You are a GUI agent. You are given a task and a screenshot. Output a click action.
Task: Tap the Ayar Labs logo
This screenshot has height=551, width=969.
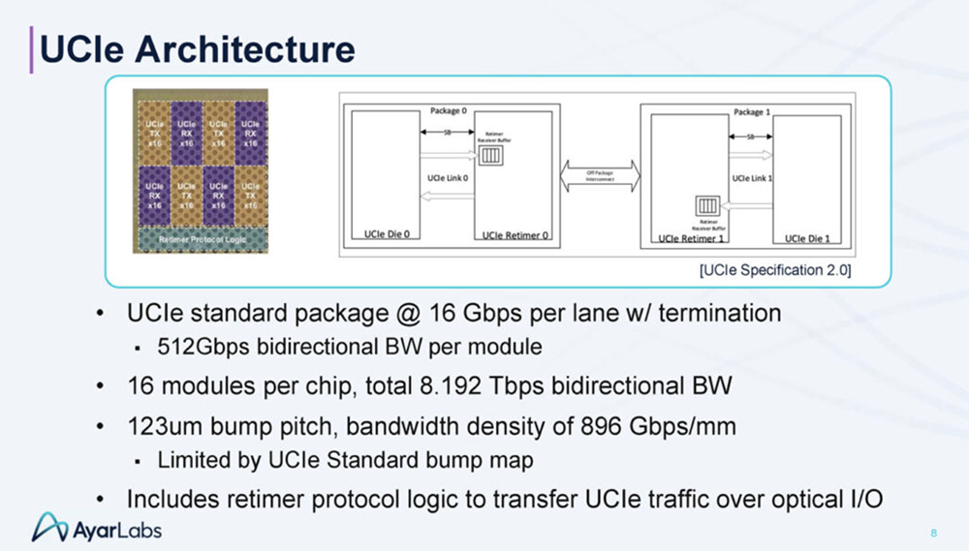point(97,528)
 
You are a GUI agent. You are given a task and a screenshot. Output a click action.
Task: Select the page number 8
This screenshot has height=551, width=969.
point(932,533)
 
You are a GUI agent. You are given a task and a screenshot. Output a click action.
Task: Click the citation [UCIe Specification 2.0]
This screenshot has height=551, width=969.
point(774,270)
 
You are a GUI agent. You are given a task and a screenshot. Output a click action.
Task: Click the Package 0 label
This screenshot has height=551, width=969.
point(449,111)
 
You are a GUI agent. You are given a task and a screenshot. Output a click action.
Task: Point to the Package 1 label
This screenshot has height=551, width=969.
point(753,111)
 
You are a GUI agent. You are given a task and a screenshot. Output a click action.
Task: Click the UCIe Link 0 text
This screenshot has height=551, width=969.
point(448,178)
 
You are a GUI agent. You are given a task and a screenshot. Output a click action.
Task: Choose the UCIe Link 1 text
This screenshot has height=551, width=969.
point(753,178)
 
